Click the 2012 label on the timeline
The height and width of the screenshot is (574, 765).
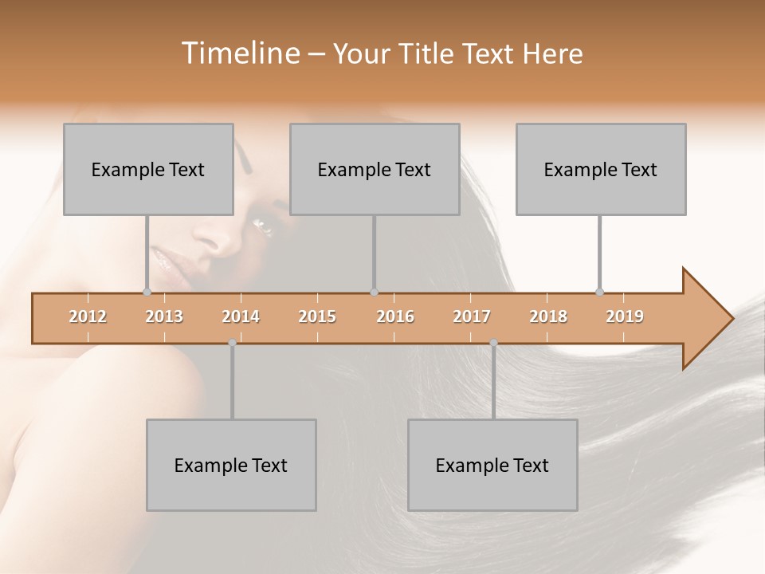tap(88, 316)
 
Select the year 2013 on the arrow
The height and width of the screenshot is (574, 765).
tap(164, 316)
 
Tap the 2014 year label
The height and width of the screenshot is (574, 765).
tap(241, 316)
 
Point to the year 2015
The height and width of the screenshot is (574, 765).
tap(317, 316)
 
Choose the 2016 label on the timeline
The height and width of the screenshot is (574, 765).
tap(395, 316)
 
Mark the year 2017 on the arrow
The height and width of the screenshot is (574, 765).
tap(472, 316)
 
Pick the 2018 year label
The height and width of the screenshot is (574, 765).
tap(548, 316)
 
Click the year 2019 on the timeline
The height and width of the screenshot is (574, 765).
tap(625, 316)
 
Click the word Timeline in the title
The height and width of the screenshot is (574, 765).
tap(238, 53)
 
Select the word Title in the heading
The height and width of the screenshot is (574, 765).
tap(427, 53)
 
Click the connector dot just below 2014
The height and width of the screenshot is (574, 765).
tap(232, 343)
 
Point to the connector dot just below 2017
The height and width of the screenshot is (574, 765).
tap(493, 343)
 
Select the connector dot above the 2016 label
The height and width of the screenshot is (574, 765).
tap(374, 293)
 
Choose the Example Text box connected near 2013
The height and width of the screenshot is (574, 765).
tap(148, 169)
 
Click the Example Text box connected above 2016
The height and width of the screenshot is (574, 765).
tap(375, 169)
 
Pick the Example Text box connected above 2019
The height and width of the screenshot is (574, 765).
tap(601, 169)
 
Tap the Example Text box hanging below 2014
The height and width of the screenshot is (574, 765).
tap(231, 465)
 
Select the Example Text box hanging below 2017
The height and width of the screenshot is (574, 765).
tap(492, 465)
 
